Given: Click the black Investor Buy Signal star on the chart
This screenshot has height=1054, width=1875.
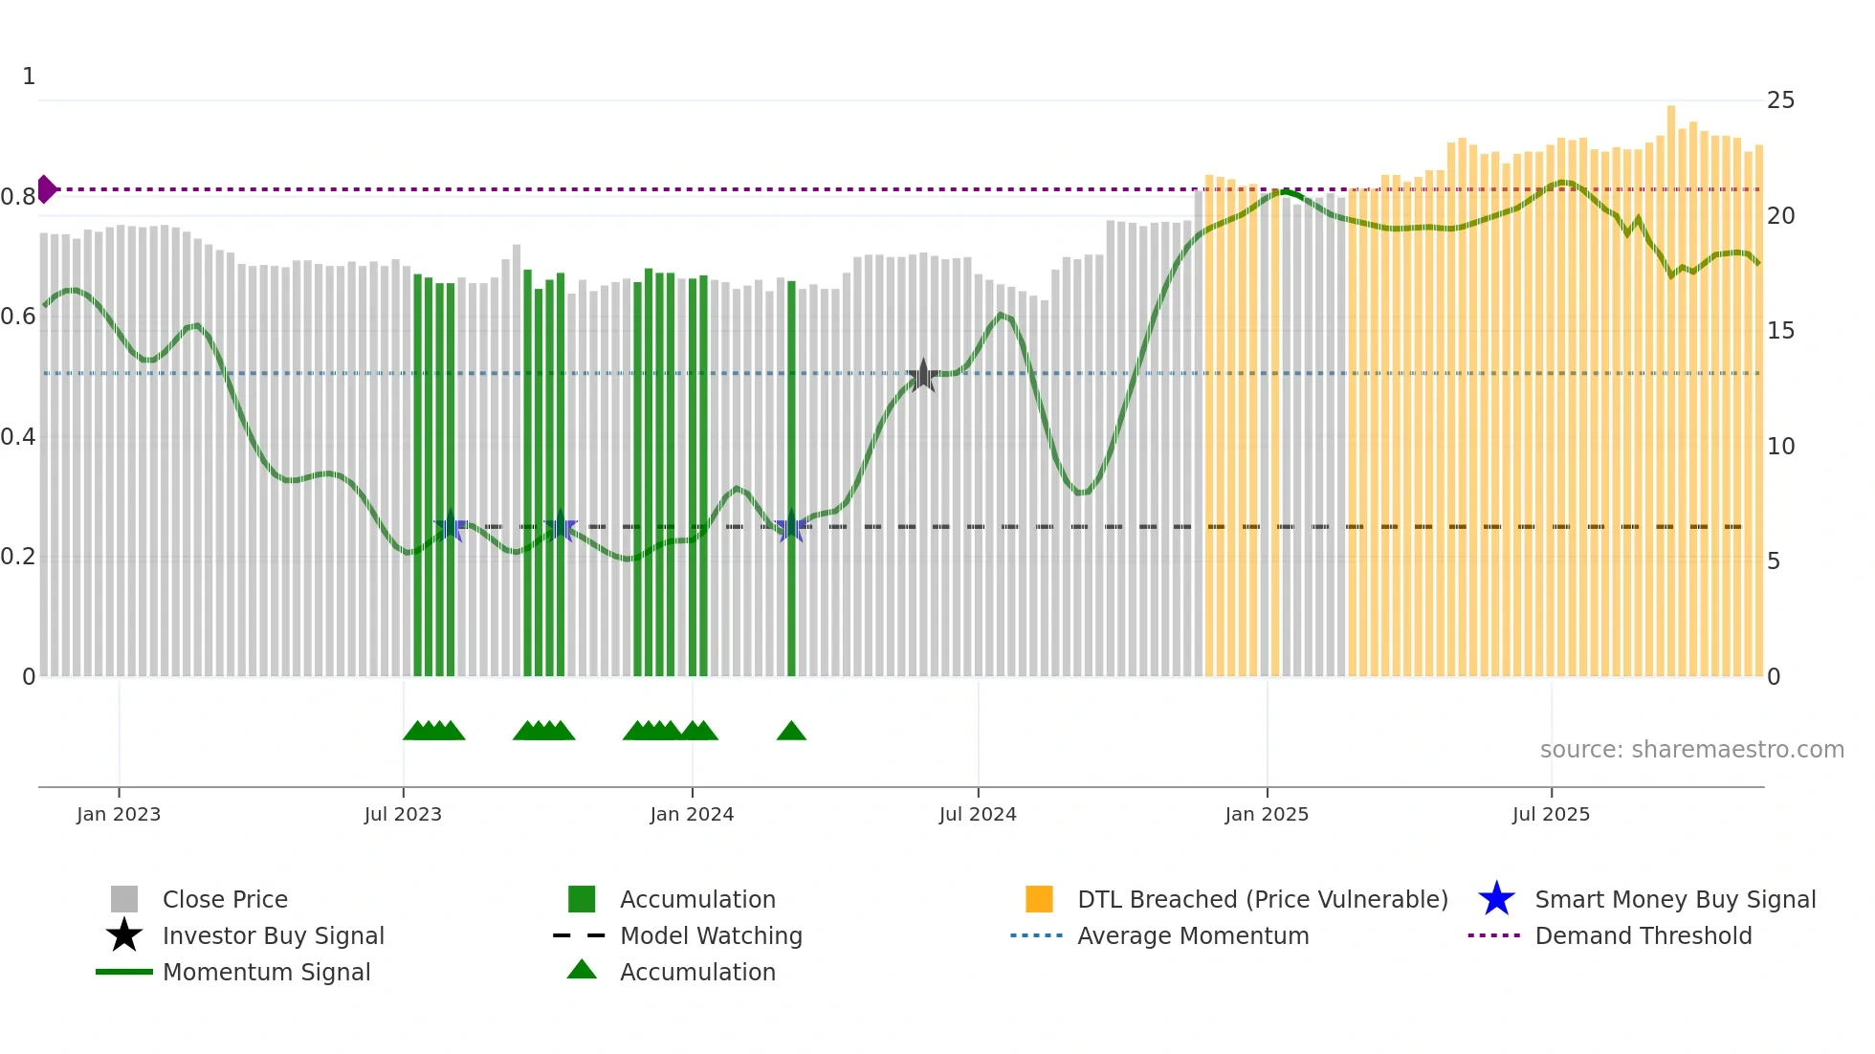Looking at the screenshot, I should [923, 376].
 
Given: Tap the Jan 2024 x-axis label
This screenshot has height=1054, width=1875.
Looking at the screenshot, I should [692, 814].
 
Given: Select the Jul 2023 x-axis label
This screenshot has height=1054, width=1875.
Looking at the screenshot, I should [403, 814].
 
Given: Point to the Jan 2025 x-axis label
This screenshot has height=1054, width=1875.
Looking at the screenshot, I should [1267, 814].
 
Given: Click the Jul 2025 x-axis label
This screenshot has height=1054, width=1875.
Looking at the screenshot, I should [1551, 814].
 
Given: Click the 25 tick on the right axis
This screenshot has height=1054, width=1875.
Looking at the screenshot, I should [1780, 100].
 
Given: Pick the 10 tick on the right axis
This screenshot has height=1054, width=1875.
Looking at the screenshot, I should [1780, 447].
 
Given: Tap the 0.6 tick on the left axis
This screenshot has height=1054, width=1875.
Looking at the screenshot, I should [18, 317].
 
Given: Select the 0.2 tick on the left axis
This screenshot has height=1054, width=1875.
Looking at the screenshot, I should [18, 557].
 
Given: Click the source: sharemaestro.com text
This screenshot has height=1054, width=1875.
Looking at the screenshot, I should [1691, 750].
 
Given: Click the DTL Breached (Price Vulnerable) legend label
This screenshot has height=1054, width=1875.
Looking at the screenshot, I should [1262, 899].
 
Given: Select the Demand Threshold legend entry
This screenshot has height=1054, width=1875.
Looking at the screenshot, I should [1643, 935].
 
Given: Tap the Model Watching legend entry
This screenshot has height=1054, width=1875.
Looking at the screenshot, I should [711, 935].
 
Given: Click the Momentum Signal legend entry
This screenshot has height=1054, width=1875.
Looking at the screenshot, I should [266, 972].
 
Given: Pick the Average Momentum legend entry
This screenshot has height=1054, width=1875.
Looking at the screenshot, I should [1193, 935].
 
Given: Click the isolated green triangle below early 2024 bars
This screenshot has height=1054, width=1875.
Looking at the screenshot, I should [791, 732].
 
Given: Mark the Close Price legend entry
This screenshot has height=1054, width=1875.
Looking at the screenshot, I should [225, 899].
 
